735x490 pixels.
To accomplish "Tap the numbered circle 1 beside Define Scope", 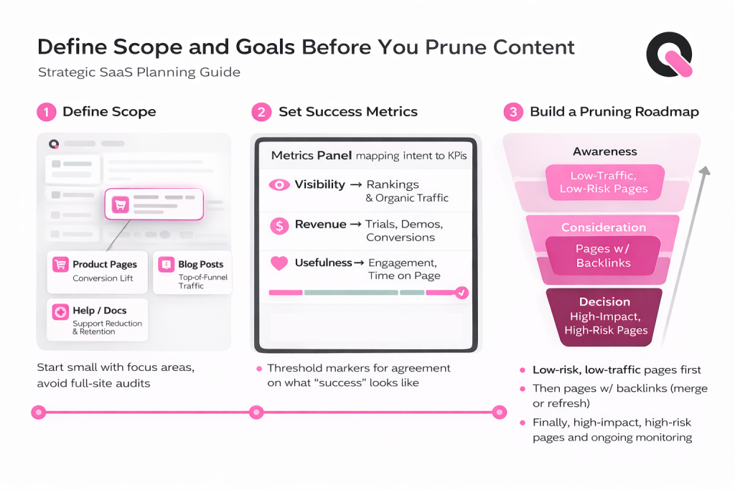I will coord(46,112).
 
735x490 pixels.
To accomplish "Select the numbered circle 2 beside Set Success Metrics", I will coord(260,112).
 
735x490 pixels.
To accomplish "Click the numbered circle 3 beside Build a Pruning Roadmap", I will coord(512,112).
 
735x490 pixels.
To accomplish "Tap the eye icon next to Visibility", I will coord(278,185).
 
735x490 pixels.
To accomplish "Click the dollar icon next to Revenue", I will coord(278,226).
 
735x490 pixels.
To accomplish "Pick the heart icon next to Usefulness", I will coord(278,263).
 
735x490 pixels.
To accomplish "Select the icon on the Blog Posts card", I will coord(166,265).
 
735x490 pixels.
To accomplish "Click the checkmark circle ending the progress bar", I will coord(462,292).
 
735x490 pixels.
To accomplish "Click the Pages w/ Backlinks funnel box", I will coord(603,256).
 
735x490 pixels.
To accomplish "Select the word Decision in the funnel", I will coord(604,302).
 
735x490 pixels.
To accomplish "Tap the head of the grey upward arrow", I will coord(705,171).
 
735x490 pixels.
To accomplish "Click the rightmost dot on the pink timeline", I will coord(500,413).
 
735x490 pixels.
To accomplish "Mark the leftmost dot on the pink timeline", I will coord(39,413).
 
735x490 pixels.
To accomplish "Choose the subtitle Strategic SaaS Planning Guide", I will coord(139,72).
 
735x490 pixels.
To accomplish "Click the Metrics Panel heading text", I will coord(312,156).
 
